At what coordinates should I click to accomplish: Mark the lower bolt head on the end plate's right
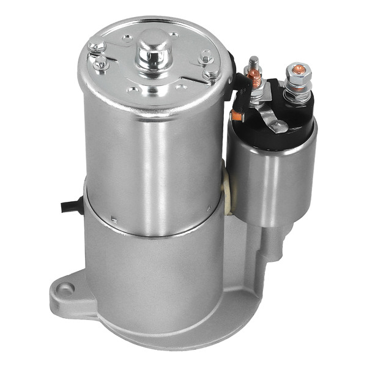212,76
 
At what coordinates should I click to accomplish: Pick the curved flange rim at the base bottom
183,343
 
